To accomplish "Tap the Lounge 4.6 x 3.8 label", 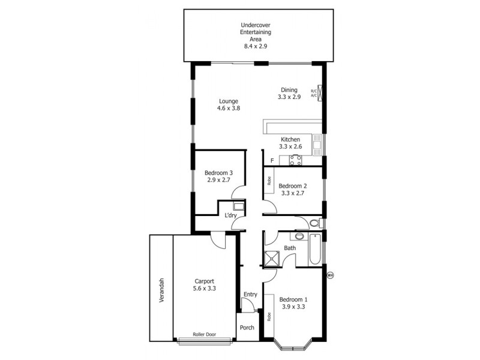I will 228,104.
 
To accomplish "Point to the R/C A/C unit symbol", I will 321,93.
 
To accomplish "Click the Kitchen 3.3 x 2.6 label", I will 290,143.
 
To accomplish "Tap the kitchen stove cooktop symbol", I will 295,160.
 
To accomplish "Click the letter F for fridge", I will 272,160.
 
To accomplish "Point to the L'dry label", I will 230,215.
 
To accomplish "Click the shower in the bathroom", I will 274,258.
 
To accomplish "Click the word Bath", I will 290,248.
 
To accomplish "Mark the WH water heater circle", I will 329,275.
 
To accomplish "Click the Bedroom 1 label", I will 293,303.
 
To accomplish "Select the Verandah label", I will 161,291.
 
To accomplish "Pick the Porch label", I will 247,328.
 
